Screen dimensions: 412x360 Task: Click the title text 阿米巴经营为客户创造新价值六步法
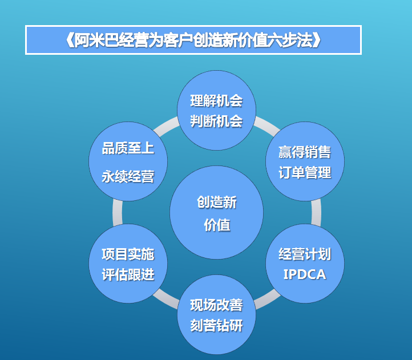coord(193,40)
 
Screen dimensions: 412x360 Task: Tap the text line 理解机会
coord(216,101)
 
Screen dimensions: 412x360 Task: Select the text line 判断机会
coord(216,121)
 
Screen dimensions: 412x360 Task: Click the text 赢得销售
coord(305,152)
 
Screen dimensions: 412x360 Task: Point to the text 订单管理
coord(305,172)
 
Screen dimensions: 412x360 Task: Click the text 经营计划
coord(305,254)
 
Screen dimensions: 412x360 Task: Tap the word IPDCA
coord(305,274)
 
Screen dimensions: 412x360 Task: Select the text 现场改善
coord(216,305)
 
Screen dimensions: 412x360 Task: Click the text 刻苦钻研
coord(216,326)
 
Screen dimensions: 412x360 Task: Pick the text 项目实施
coord(128,254)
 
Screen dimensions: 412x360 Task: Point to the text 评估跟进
coord(128,274)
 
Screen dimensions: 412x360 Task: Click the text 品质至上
coord(128,148)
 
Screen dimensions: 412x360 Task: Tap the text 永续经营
coord(128,176)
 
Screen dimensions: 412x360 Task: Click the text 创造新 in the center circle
coord(217,203)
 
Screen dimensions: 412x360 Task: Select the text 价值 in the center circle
coord(217,225)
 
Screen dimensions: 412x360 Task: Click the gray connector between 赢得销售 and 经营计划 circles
coord(316,212)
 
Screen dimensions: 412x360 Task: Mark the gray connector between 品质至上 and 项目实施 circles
coord(118,212)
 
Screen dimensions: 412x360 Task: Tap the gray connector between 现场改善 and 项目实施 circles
coord(166,298)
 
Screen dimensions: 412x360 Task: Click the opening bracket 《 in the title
coord(70,41)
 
